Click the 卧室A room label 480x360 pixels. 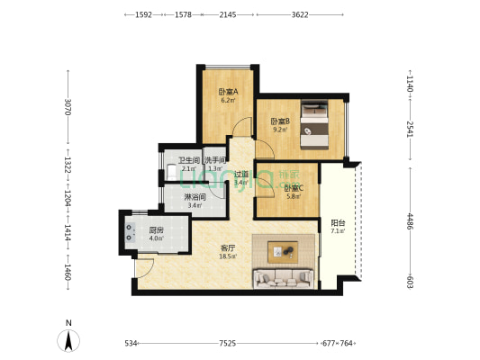[227, 92]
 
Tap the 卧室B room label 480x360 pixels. [279, 121]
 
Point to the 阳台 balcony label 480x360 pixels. [336, 223]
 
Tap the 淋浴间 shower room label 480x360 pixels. [195, 197]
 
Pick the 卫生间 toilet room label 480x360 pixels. [188, 161]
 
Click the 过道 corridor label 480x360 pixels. [240, 175]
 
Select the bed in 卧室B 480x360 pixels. [318, 125]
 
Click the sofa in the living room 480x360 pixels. [285, 277]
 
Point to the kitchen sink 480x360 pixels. [131, 230]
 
